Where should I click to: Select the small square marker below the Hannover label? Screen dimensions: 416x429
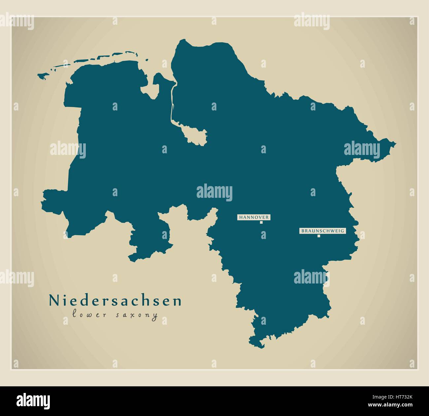click(261, 223)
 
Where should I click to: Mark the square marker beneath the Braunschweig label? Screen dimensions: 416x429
click(319, 236)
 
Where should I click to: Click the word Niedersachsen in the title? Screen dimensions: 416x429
click(115, 301)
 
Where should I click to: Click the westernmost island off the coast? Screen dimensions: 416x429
click(42, 76)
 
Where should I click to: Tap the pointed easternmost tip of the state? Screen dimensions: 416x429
click(395, 144)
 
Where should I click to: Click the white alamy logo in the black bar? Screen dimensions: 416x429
click(33, 401)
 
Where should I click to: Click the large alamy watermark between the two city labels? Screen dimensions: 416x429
click(214, 193)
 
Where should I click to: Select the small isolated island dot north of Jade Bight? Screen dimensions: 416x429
click(146, 60)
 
